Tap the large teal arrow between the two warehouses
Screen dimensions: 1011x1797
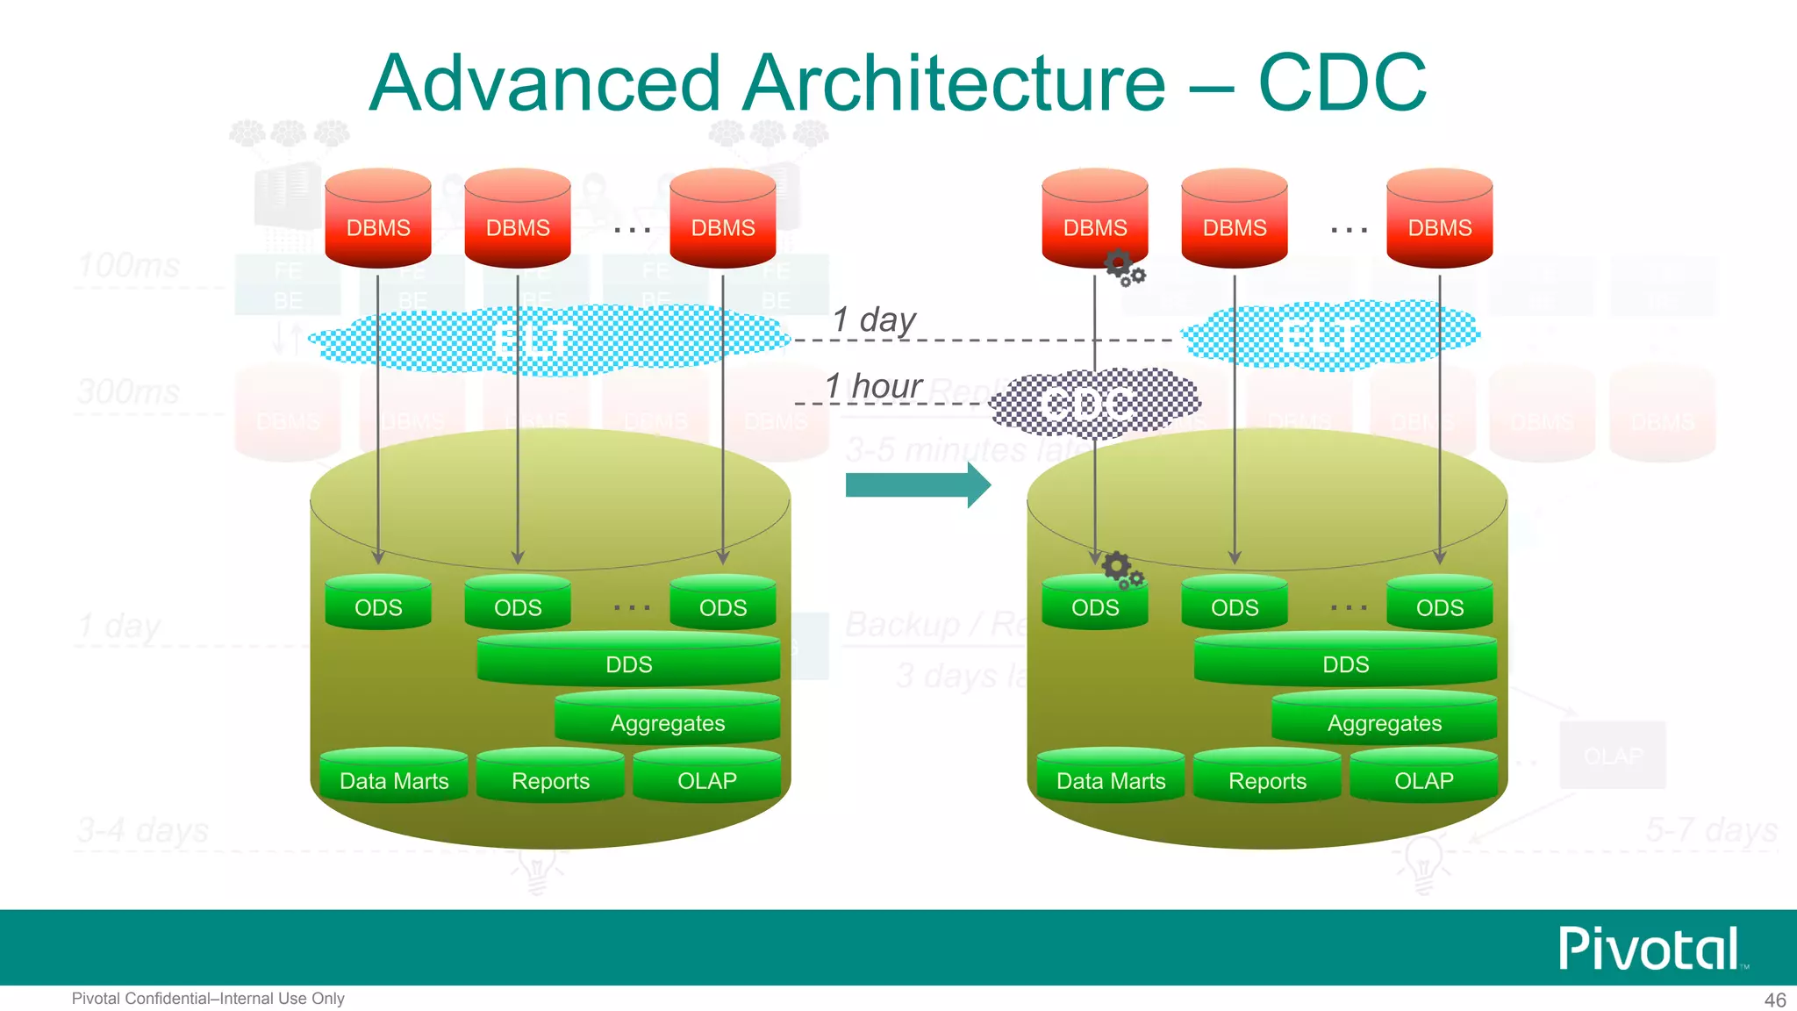click(x=917, y=484)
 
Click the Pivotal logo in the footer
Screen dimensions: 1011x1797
click(x=1650, y=949)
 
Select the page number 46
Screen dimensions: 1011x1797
click(x=1774, y=1000)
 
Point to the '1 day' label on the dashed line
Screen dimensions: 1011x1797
click(x=873, y=319)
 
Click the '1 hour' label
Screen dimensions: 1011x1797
click(x=873, y=386)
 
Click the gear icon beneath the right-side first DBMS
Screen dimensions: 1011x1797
click(x=1123, y=267)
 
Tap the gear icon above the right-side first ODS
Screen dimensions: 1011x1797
click(x=1121, y=569)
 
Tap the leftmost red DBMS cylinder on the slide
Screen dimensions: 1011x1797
click(x=378, y=221)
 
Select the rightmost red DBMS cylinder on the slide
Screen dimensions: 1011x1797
click(x=1439, y=221)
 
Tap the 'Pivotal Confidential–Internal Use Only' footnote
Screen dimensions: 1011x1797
click(x=208, y=999)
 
